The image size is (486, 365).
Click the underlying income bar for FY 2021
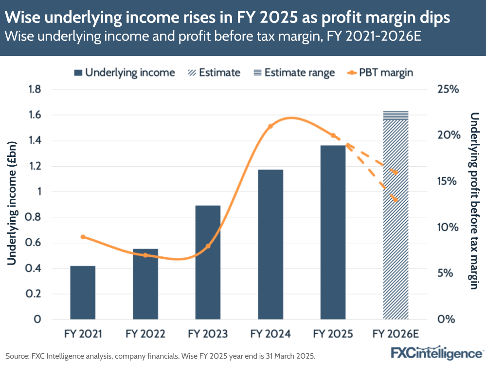click(x=83, y=292)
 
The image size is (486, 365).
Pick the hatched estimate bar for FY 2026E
click(x=395, y=219)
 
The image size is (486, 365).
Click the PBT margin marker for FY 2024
click(x=270, y=126)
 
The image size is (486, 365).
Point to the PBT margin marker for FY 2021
click(x=83, y=237)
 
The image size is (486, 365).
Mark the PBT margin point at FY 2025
click(x=333, y=135)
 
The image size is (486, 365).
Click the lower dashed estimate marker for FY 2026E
click(x=396, y=200)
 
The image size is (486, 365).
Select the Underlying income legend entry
click(x=125, y=73)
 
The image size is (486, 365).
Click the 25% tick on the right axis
click(x=448, y=90)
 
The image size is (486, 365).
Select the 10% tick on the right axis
click(x=448, y=228)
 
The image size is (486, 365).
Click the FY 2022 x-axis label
click(x=145, y=334)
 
